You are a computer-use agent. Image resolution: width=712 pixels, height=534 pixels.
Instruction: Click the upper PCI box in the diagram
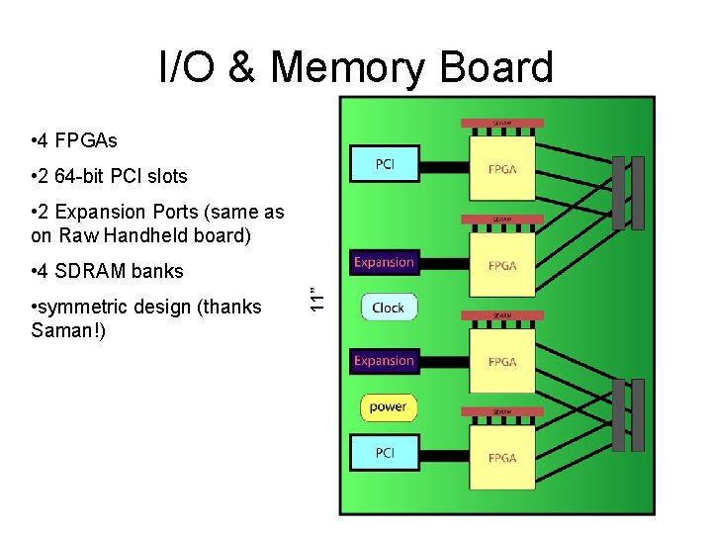(385, 164)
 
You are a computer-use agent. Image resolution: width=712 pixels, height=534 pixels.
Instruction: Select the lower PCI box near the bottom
(385, 453)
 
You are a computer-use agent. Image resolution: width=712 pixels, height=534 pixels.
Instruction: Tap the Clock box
(388, 308)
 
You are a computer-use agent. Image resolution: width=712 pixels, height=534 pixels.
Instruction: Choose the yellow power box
(388, 406)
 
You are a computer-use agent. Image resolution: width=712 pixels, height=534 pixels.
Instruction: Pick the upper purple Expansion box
(384, 262)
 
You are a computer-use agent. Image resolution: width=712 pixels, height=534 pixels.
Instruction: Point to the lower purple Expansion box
(384, 361)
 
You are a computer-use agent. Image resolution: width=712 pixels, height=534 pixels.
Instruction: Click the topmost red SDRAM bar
(502, 124)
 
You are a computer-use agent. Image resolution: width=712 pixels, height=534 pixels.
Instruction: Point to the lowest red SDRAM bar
(502, 411)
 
